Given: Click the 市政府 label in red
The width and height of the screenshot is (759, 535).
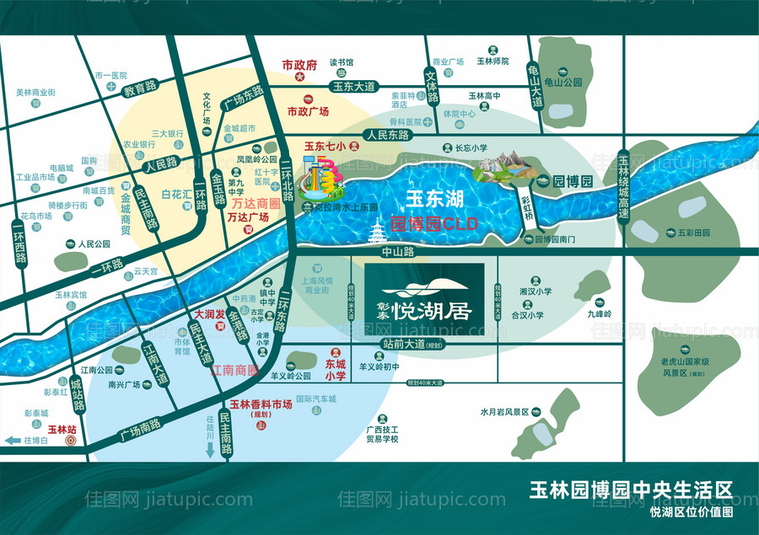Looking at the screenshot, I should (x=299, y=64).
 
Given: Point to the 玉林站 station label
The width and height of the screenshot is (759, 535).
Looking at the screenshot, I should (x=62, y=429).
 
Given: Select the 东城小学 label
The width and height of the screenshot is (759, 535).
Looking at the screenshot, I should (x=336, y=371).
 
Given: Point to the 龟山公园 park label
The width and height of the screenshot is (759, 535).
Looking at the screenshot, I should (x=564, y=83).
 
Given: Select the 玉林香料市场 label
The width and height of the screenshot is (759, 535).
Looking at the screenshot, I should (x=261, y=404).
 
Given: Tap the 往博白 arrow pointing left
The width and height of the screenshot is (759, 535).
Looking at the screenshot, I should (x=15, y=441).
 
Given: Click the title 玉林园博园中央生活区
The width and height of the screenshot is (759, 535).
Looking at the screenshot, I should (x=630, y=490).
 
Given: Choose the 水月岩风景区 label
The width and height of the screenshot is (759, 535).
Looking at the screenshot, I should (x=504, y=412).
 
